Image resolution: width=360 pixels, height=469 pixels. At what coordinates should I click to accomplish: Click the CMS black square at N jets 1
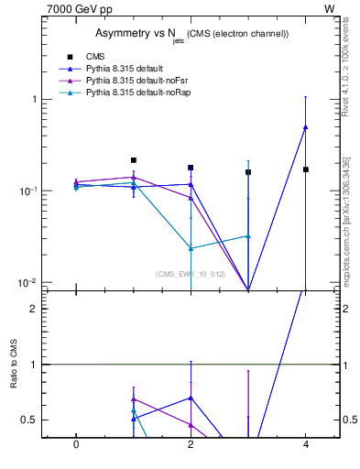[x=134, y=160]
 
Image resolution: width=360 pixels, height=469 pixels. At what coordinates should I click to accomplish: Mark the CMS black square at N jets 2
[x=191, y=168]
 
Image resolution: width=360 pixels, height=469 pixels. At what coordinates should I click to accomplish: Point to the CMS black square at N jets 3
[x=248, y=172]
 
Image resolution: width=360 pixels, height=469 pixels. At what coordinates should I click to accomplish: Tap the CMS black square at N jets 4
[x=306, y=169]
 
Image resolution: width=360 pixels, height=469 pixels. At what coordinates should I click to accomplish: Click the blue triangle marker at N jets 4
[x=306, y=127]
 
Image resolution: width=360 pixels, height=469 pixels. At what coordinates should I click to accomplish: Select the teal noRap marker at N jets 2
[x=191, y=248]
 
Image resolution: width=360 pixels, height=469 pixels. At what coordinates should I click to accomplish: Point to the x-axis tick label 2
[x=191, y=444]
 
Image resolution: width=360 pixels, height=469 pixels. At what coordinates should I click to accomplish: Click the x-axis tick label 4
[x=306, y=444]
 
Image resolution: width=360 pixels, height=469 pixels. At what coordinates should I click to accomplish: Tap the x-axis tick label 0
[x=76, y=444]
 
